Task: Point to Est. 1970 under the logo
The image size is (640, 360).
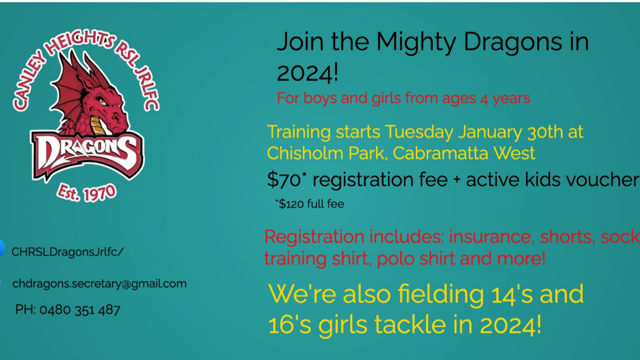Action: (x=86, y=193)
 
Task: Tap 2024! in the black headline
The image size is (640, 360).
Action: (x=307, y=73)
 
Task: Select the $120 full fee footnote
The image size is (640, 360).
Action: (x=309, y=204)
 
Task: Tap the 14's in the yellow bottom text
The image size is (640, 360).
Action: (x=511, y=294)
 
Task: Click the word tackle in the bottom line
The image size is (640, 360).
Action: (x=410, y=324)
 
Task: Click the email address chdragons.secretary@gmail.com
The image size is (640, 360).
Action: (x=99, y=283)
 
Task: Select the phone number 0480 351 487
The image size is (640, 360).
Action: (x=79, y=310)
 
